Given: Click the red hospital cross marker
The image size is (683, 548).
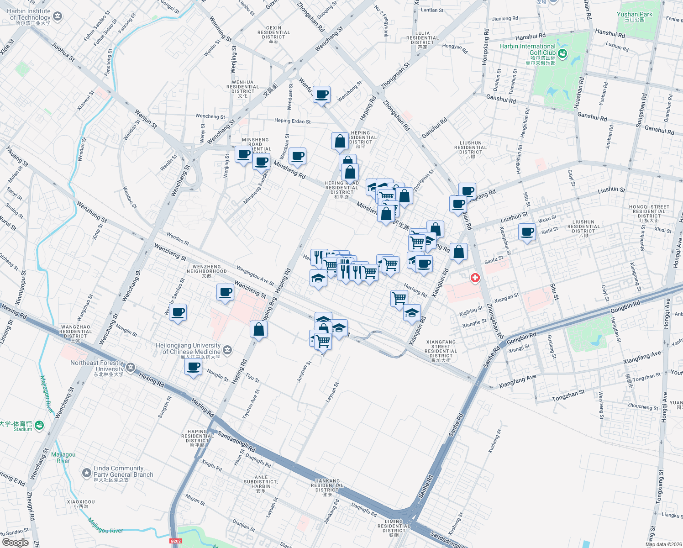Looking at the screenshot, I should point(475,278).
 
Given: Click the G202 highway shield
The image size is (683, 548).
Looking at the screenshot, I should point(176,541).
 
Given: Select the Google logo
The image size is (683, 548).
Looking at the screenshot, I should point(15,543).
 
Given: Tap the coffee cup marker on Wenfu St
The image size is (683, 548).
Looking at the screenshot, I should point(322,95).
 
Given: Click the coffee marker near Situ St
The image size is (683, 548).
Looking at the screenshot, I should point(527,232).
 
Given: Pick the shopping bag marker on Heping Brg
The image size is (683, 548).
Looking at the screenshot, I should point(259,329).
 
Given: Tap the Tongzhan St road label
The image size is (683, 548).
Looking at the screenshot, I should point(568,395).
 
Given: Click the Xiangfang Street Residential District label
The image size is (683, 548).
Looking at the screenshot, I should point(441,351).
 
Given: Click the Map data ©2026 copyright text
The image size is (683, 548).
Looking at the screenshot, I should point(662,544).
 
